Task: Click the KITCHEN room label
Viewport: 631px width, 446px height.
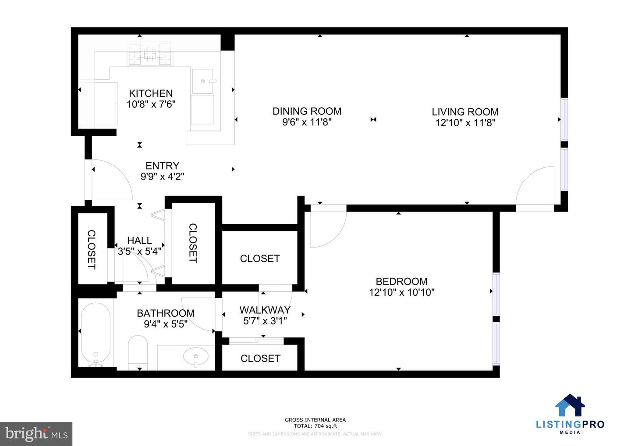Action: click(x=151, y=93)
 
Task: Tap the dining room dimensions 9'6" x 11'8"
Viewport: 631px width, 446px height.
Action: click(x=307, y=122)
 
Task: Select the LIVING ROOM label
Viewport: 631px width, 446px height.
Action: click(x=465, y=112)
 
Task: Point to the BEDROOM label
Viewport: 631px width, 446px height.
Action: click(x=401, y=281)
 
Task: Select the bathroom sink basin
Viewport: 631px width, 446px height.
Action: click(x=195, y=356)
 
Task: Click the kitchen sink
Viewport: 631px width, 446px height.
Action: click(x=203, y=81)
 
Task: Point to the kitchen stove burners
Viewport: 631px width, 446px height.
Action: click(x=149, y=54)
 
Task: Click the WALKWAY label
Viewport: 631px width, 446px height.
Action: click(x=265, y=310)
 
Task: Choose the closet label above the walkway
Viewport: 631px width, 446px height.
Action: click(x=260, y=258)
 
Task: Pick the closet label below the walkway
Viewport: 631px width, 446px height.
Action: click(x=260, y=358)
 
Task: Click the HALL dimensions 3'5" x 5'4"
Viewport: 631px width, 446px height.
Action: click(x=139, y=251)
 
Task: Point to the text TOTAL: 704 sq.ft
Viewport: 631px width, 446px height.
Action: click(x=315, y=426)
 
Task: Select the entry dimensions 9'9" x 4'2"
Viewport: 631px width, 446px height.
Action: click(x=162, y=177)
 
